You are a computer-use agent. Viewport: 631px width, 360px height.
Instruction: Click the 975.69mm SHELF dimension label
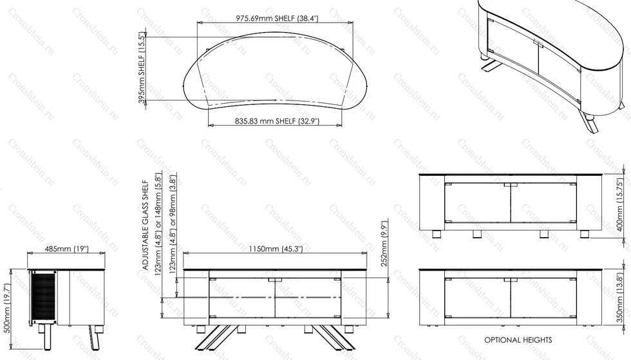pyautogui.click(x=277, y=18)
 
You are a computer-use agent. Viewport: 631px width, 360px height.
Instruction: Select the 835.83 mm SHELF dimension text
pyautogui.click(x=277, y=121)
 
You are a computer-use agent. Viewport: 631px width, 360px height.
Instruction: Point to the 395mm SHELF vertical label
pyautogui.click(x=142, y=68)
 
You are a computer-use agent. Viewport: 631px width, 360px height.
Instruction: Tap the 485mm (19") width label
pyautogui.click(x=66, y=249)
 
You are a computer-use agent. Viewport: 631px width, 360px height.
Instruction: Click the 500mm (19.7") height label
pyautogui.click(x=7, y=308)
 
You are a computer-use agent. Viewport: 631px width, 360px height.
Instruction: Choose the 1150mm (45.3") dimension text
pyautogui.click(x=276, y=249)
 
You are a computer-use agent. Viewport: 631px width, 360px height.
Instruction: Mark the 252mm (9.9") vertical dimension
pyautogui.click(x=384, y=243)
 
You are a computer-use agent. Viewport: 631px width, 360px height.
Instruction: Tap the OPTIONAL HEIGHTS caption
pyautogui.click(x=518, y=340)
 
